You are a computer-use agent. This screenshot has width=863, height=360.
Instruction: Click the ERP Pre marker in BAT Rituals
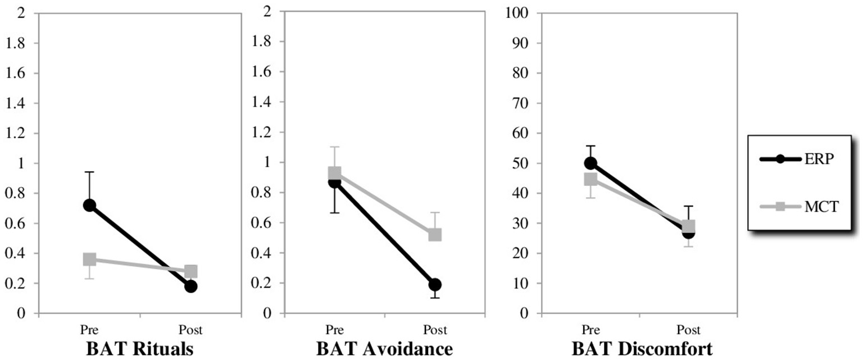click(89, 205)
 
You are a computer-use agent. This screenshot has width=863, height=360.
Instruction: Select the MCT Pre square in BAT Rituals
click(89, 259)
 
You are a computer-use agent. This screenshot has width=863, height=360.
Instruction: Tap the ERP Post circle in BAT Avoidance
click(435, 284)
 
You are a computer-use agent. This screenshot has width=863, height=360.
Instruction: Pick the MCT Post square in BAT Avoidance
click(435, 234)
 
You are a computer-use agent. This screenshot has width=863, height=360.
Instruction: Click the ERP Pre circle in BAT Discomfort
click(591, 163)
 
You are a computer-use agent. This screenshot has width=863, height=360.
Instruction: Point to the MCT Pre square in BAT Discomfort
click(591, 179)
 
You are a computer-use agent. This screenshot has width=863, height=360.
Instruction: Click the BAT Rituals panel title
click(140, 349)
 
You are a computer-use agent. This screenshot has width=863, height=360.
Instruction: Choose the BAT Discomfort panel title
click(642, 349)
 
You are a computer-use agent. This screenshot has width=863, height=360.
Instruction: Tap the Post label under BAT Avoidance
click(435, 330)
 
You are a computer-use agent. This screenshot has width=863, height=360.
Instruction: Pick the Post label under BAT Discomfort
click(689, 330)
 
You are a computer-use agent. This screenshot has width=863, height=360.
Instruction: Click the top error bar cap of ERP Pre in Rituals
click(89, 172)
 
